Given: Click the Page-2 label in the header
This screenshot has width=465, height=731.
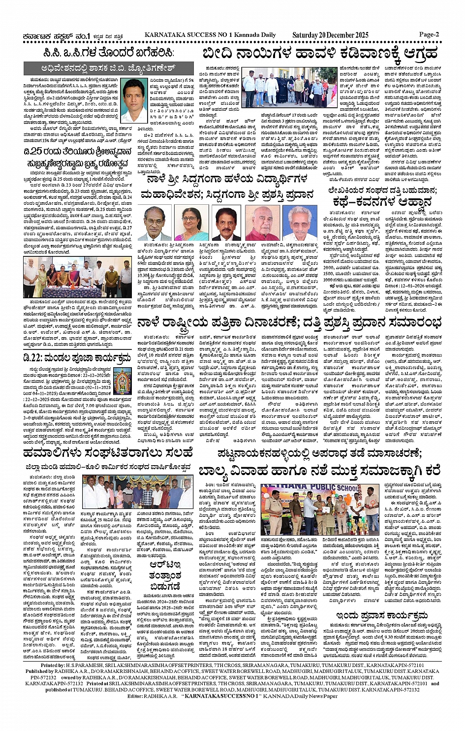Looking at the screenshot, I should (429, 34).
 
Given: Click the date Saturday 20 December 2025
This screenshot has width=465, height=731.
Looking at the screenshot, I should (330, 35).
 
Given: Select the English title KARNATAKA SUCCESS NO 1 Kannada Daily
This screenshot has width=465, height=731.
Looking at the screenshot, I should (210, 35).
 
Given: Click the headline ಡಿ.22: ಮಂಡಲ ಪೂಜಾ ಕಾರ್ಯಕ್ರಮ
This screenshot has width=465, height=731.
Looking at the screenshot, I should (77, 358).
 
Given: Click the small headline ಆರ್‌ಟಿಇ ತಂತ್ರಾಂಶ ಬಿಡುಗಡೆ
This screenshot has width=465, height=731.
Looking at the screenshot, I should (165, 575).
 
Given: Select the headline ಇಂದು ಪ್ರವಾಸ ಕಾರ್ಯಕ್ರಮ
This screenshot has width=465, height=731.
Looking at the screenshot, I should (382, 616).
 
